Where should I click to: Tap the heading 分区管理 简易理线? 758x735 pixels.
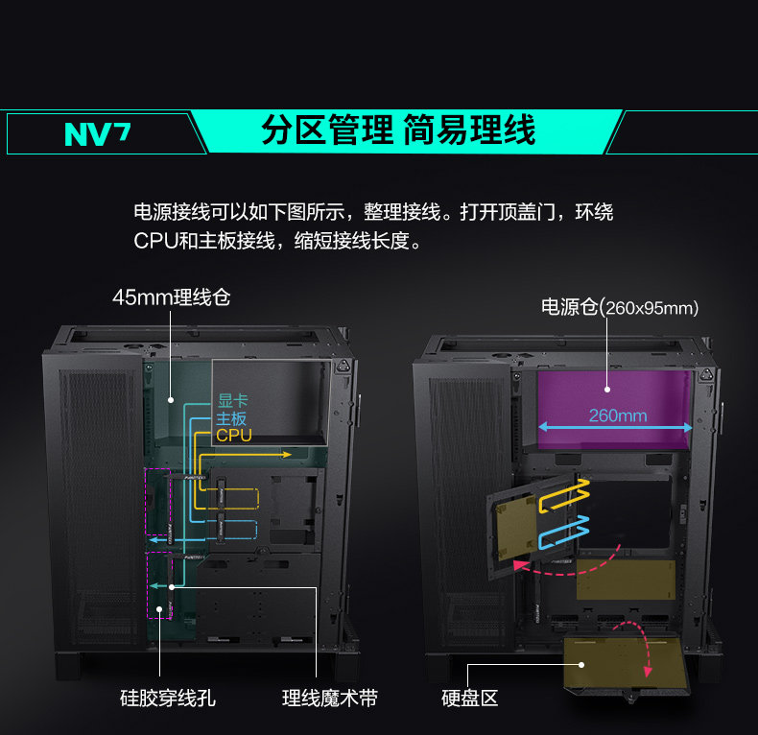(398, 130)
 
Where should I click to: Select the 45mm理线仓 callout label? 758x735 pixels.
(171, 297)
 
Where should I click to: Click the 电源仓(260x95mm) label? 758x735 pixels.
(620, 307)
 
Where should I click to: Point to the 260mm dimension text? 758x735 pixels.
(617, 415)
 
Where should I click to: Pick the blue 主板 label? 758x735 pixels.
(231, 419)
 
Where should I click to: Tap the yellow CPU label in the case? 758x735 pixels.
(233, 436)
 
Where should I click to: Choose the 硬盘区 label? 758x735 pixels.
(469, 699)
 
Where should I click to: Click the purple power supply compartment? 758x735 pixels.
(614, 393)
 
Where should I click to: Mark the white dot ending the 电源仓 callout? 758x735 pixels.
(607, 390)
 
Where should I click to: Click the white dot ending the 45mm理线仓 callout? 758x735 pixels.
(171, 400)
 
